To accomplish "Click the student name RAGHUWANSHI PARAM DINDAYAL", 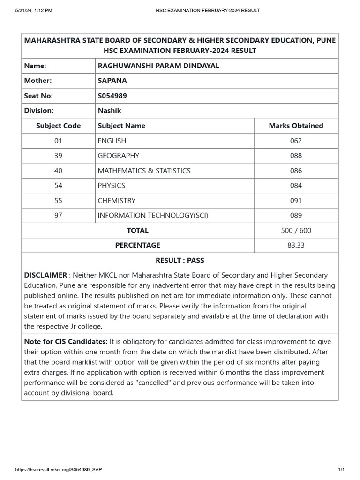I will [158, 66].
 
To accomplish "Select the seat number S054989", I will [112, 96].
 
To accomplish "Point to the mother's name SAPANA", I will [112, 81].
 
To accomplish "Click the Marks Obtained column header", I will [296, 126].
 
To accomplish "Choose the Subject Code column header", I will [58, 126].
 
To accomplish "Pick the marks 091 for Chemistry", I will [296, 201].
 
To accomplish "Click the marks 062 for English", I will [296, 141].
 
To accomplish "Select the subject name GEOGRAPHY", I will [118, 156].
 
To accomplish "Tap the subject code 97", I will [58, 216].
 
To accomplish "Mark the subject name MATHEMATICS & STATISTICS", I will [144, 171].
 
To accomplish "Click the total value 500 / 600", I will [296, 231].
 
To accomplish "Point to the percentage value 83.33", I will [296, 245].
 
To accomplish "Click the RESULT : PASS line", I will [180, 260].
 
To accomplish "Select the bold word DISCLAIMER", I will [45, 275].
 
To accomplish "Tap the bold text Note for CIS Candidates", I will [66, 342].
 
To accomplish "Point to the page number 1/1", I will [341, 470].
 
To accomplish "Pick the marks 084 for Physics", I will [296, 186].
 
